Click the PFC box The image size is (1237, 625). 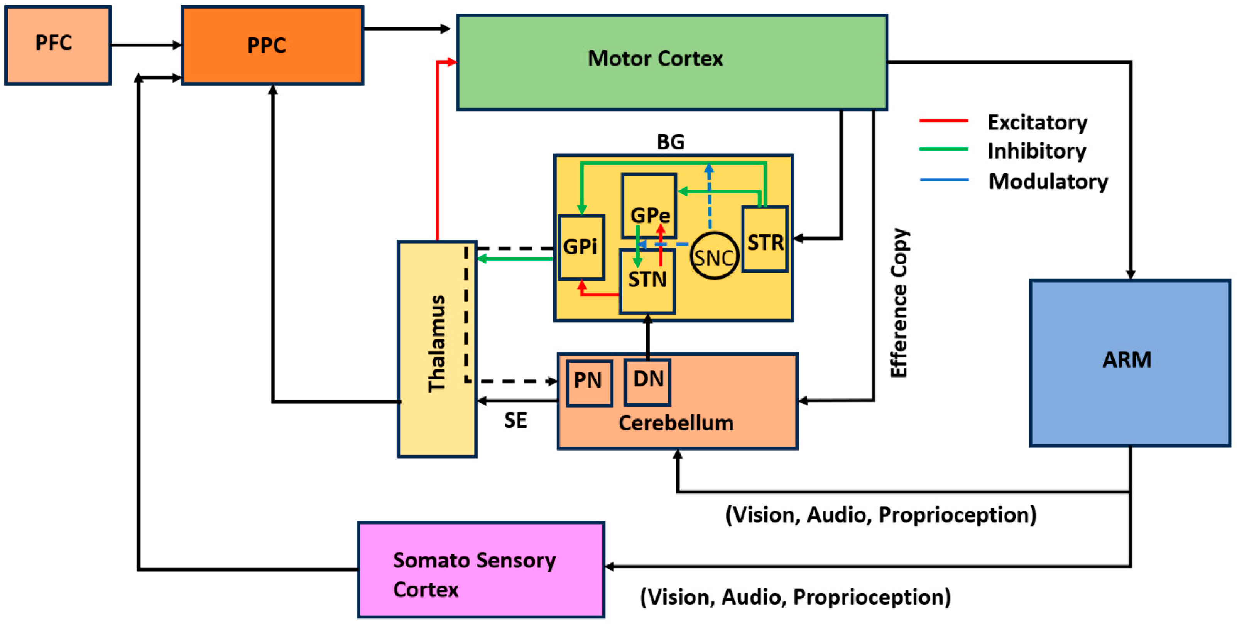coord(57,45)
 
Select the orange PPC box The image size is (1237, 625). coord(272,45)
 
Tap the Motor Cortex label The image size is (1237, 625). coord(655,59)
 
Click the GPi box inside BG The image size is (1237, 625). coord(581,247)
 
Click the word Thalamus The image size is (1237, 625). coord(437,344)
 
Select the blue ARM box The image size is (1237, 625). coord(1129,363)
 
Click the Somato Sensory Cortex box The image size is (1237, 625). coord(481,569)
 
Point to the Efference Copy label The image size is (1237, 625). coord(899,303)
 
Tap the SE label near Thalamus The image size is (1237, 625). coord(515,420)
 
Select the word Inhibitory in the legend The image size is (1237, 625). coord(1037,151)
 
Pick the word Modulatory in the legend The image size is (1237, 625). coord(1048,181)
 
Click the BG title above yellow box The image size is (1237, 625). coord(670,142)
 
